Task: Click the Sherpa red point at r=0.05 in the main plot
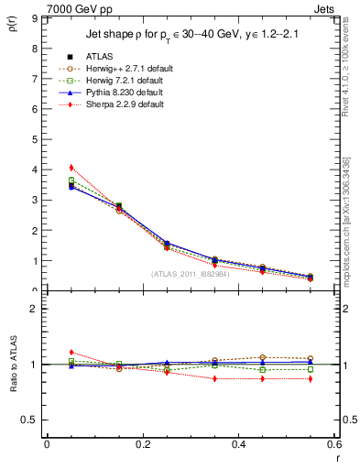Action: pyautogui.click(x=71, y=168)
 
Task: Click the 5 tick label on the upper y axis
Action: pyautogui.click(x=36, y=139)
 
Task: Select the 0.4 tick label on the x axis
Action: pyautogui.click(x=238, y=444)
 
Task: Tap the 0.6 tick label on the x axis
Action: pyautogui.click(x=333, y=444)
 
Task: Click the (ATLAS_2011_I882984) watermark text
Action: pyautogui.click(x=190, y=274)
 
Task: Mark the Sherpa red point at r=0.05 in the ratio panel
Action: pyautogui.click(x=71, y=352)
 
